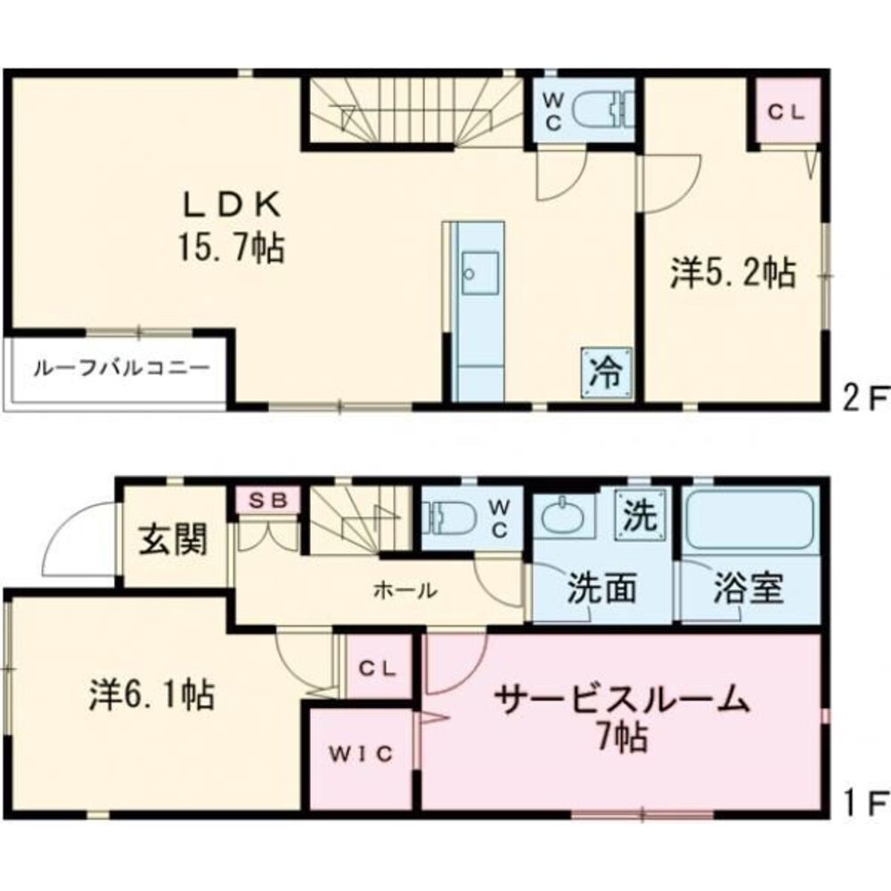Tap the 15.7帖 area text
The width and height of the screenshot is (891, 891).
pyautogui.click(x=233, y=247)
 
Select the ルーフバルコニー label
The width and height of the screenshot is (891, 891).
pyautogui.click(x=122, y=368)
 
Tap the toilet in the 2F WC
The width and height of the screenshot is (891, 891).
pyautogui.click(x=601, y=111)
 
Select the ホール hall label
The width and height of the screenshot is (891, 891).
pyautogui.click(x=405, y=589)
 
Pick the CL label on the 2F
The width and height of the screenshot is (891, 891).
pyautogui.click(x=787, y=113)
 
